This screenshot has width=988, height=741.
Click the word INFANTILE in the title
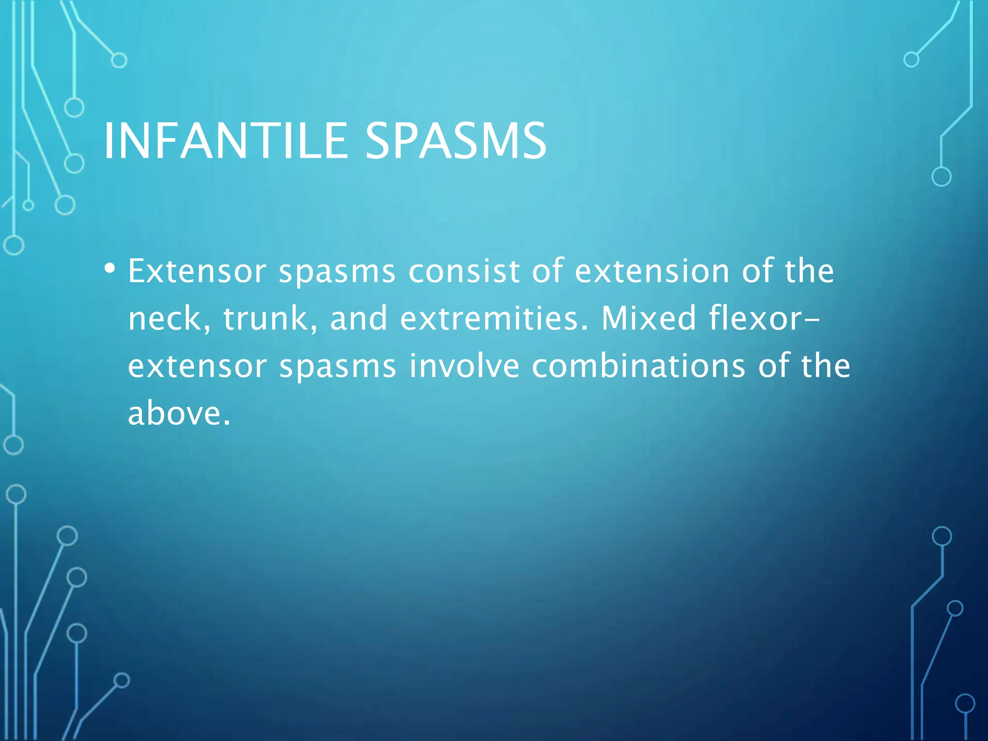pos(225,141)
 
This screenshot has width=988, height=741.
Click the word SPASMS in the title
pos(455,141)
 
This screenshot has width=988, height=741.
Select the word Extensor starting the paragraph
pos(197,271)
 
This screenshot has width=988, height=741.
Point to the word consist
pos(463,271)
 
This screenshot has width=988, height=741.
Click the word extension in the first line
pos(652,271)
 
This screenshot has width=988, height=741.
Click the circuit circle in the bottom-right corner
pos(965,703)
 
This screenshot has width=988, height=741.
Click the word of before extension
pos(548,271)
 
